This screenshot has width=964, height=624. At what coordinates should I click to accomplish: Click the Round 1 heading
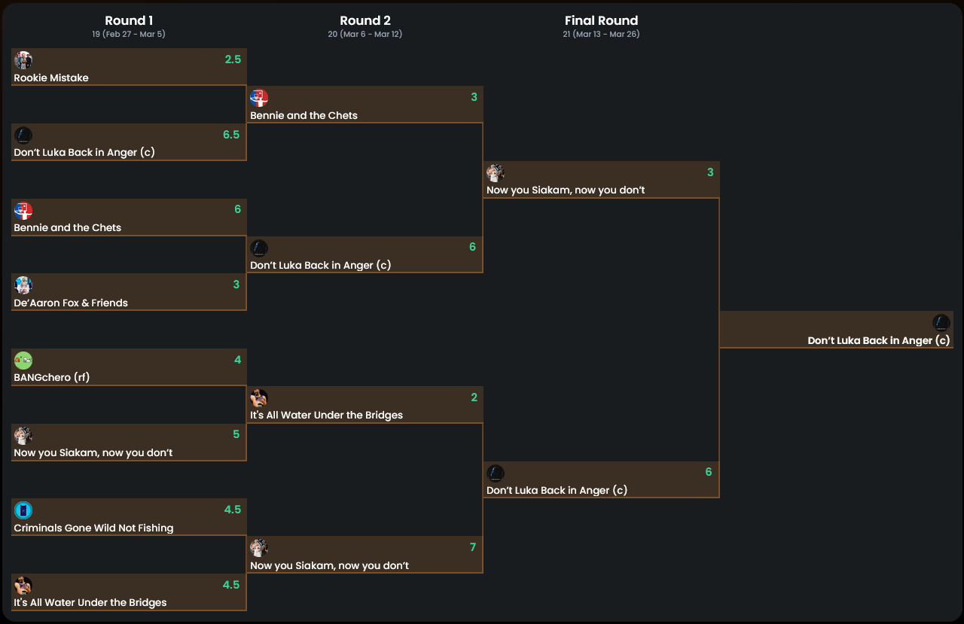(x=129, y=21)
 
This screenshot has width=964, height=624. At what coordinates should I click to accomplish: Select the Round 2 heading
(x=365, y=21)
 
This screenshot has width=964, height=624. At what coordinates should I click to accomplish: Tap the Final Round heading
(x=601, y=21)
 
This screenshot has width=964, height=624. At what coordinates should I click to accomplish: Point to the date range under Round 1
(x=129, y=35)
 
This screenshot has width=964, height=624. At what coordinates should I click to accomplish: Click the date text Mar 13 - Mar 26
(x=601, y=35)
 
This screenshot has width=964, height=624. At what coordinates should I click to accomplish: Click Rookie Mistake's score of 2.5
(x=233, y=59)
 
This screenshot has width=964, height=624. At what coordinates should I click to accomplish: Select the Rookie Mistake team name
(x=51, y=78)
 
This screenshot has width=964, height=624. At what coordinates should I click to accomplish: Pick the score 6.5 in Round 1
(x=231, y=135)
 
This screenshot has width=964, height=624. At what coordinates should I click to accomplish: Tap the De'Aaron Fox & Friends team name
(x=71, y=303)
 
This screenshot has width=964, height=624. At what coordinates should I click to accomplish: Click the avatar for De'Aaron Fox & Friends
(x=23, y=285)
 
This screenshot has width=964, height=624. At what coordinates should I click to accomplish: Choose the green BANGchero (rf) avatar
(x=23, y=361)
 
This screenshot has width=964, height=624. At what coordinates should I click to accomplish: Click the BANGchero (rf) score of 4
(x=237, y=360)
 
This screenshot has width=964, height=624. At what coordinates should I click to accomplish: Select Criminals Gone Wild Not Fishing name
(x=93, y=528)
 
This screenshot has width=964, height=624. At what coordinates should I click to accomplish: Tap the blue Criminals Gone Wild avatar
(x=23, y=510)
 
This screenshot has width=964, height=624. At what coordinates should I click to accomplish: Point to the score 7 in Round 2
(x=473, y=547)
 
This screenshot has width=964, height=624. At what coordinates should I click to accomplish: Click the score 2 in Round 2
(x=474, y=397)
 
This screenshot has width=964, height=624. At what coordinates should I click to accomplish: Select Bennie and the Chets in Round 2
(x=304, y=116)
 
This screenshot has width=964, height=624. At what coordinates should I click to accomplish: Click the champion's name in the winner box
(x=878, y=341)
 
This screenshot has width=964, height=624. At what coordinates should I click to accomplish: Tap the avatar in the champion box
(x=941, y=323)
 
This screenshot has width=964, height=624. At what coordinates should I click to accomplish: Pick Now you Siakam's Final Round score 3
(x=709, y=172)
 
